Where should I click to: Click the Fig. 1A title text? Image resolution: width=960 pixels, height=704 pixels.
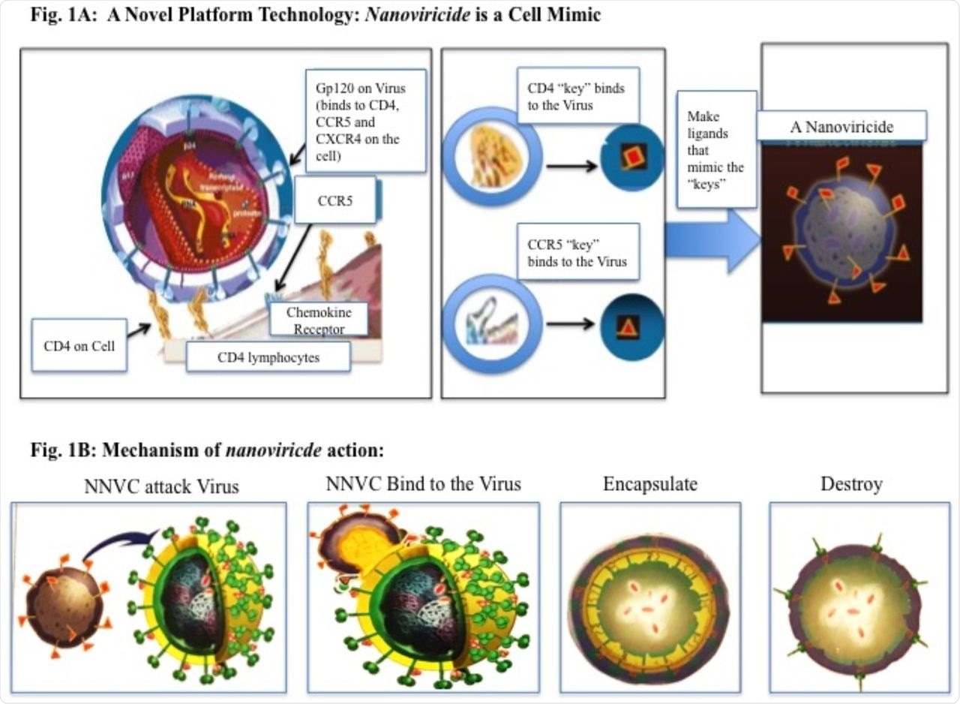click(315, 15)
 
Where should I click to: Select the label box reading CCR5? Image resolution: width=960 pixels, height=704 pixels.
click(334, 200)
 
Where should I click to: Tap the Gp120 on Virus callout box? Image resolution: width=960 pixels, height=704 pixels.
click(365, 121)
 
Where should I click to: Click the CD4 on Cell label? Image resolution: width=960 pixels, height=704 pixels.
click(79, 344)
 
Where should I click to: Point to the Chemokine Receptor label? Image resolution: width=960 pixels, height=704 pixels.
click(319, 319)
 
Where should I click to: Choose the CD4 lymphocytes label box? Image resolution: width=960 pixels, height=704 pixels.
click(268, 357)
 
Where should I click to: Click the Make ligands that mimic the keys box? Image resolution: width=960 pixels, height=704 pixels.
click(717, 149)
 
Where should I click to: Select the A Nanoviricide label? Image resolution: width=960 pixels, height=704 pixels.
click(841, 126)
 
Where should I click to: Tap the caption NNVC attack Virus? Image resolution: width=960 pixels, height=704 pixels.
click(161, 486)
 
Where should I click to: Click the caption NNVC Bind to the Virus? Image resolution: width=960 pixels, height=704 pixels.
click(423, 484)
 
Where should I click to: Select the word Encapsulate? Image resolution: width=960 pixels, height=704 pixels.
click(649, 484)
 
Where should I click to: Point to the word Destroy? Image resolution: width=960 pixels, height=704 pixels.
click(851, 484)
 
